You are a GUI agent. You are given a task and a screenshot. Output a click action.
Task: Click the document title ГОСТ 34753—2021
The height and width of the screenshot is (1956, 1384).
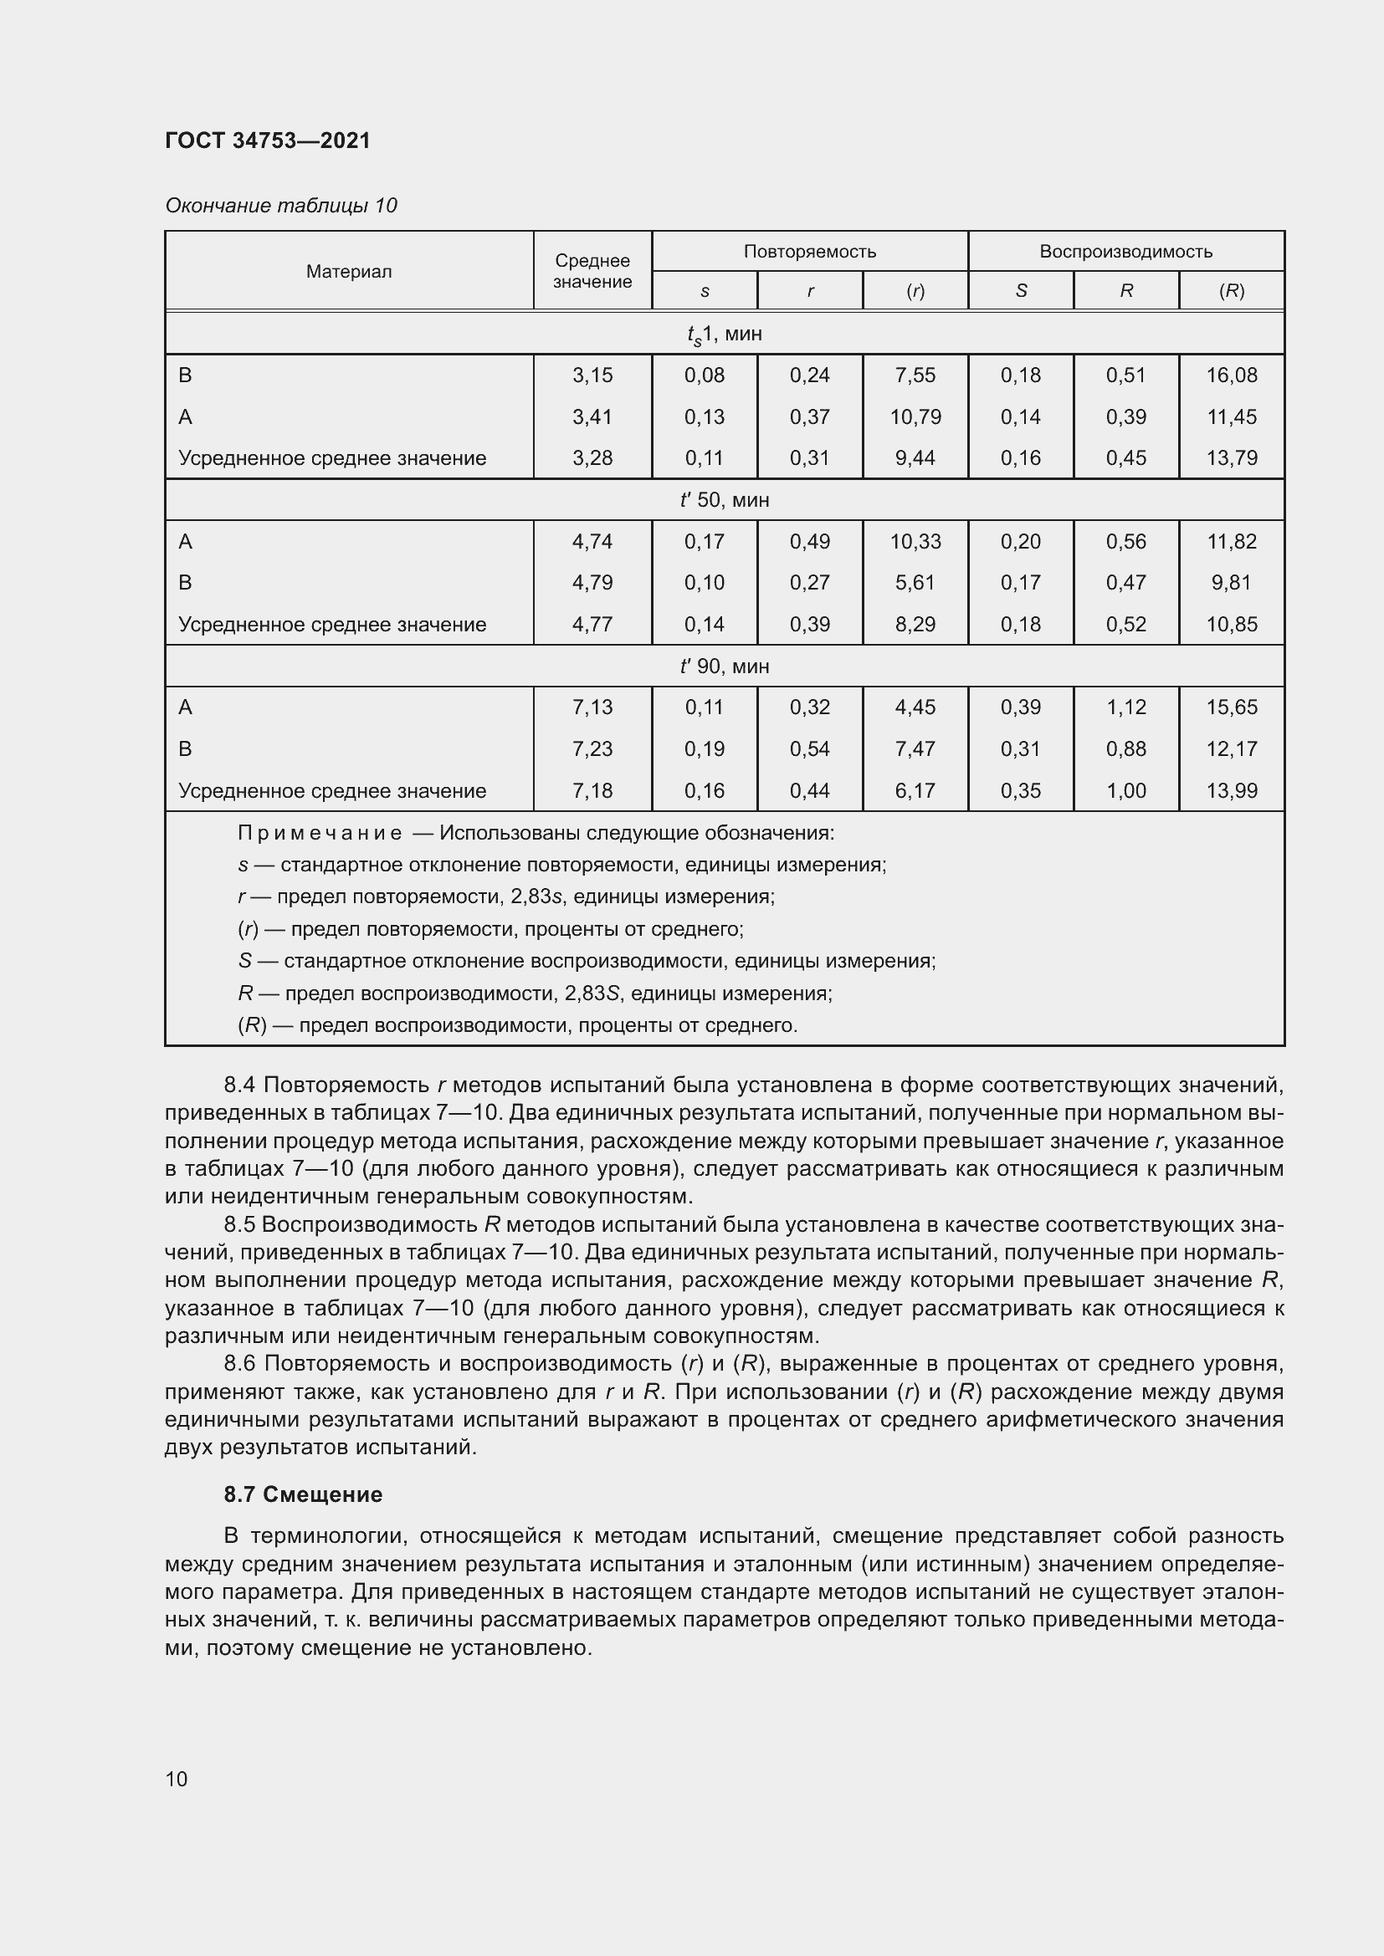tap(268, 140)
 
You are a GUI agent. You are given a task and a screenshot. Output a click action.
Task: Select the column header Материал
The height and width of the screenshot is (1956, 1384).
tap(349, 272)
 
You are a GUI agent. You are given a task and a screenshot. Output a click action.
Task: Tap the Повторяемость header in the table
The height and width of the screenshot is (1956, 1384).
tap(809, 252)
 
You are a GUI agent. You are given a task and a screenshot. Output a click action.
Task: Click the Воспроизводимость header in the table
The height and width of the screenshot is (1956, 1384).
tap(1125, 252)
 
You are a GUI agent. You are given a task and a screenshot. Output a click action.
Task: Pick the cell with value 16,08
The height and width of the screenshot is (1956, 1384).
tap(1231, 375)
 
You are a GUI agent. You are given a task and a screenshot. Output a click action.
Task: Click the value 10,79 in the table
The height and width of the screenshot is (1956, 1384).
tap(915, 416)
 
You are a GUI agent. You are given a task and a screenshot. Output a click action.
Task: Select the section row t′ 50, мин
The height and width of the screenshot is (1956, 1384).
tap(724, 500)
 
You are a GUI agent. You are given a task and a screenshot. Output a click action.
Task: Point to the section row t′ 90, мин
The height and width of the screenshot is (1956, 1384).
tap(724, 666)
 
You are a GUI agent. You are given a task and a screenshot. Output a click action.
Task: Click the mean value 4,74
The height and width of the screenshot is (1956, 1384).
tap(592, 542)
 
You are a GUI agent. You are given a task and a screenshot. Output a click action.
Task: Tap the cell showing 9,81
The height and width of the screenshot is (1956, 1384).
tap(1231, 583)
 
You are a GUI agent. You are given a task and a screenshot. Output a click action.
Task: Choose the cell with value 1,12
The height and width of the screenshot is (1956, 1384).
tap(1125, 707)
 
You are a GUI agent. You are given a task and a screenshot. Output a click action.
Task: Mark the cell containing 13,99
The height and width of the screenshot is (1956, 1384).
tap(1231, 790)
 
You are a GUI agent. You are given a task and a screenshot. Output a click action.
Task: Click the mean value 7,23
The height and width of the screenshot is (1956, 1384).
tap(592, 748)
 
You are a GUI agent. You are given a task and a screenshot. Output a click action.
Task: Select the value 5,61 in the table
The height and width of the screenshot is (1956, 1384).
tap(915, 583)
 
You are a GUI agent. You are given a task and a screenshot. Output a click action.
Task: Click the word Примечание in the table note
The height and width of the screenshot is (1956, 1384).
tap(320, 833)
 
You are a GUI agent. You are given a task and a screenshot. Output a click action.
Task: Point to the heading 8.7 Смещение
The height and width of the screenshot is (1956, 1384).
tap(303, 1494)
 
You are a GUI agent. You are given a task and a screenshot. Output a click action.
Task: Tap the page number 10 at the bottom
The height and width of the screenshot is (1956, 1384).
tap(177, 1779)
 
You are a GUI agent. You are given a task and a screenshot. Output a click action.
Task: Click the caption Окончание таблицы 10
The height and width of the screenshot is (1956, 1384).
tap(280, 206)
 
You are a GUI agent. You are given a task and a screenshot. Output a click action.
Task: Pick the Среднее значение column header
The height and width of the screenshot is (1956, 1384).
tap(592, 271)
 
